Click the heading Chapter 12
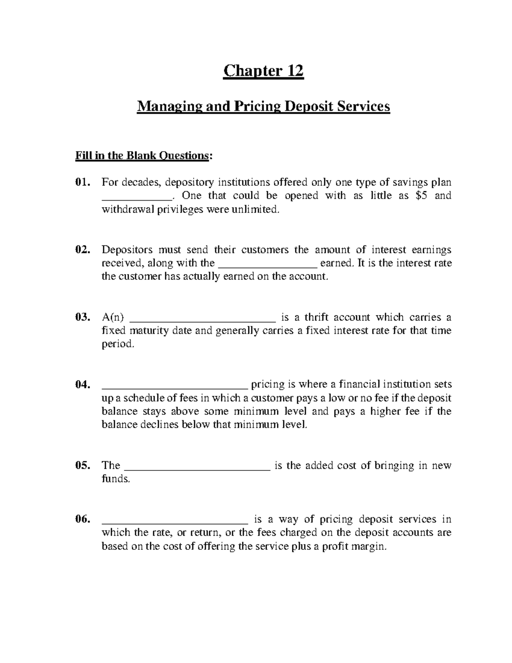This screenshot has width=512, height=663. tap(263, 71)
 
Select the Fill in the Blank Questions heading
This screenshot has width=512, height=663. tap(143, 156)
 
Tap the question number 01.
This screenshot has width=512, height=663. tap(82, 183)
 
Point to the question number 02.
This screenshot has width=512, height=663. tap(82, 250)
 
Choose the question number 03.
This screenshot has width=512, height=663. tap(82, 318)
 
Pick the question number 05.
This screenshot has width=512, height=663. tap(82, 466)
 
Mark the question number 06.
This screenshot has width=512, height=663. tap(82, 520)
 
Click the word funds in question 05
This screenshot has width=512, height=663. tap(115, 479)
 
